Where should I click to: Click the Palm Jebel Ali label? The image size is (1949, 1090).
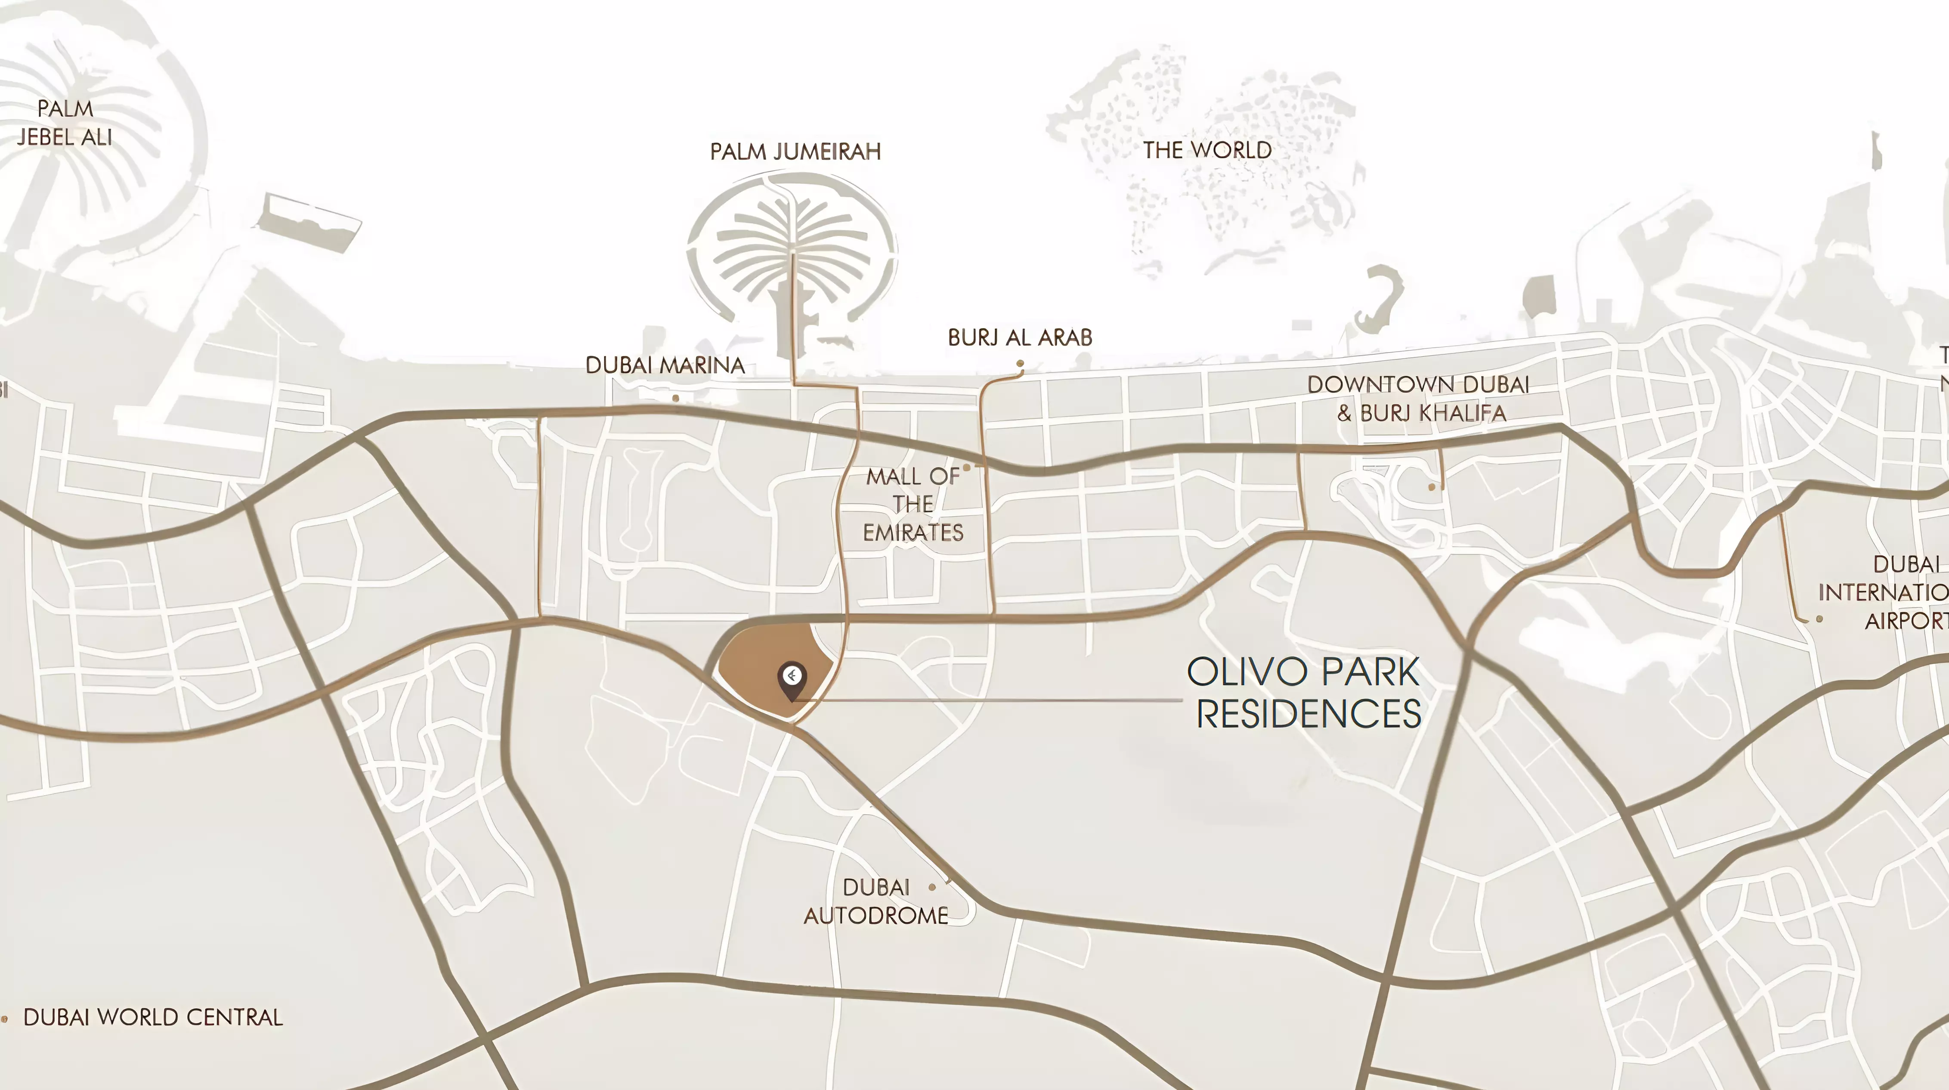point(65,123)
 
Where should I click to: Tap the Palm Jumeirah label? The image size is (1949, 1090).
point(795,152)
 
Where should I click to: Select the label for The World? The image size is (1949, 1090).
point(1207,150)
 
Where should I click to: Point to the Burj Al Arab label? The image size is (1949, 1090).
point(1020,338)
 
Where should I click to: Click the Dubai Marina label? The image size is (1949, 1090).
point(665,365)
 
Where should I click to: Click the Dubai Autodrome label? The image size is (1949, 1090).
point(876,901)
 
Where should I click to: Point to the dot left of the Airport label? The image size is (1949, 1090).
point(1819,619)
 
